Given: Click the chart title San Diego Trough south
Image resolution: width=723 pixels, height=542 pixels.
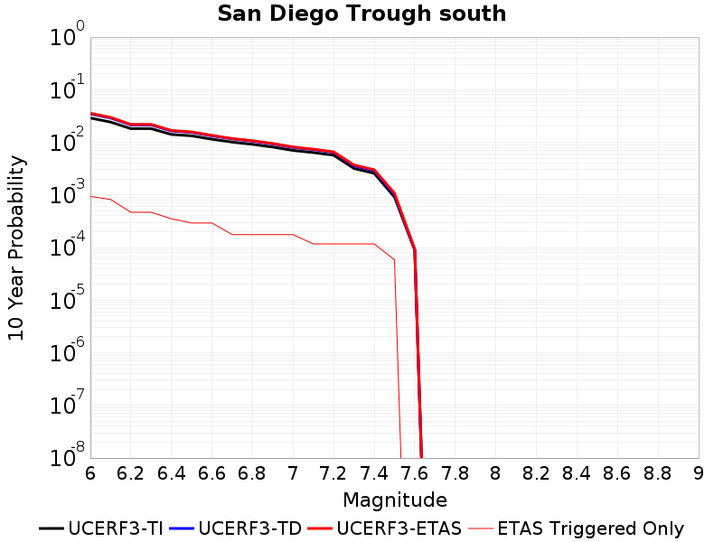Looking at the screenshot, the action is click(x=361, y=14).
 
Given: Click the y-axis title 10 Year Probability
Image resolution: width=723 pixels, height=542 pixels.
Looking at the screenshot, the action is click(x=16, y=248).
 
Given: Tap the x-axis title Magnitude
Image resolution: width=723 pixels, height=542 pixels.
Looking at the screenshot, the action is click(x=395, y=500).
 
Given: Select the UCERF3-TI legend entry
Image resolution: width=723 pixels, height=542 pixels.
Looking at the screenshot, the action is click(x=101, y=528).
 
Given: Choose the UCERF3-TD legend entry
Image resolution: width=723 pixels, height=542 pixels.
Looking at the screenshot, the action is click(x=236, y=528).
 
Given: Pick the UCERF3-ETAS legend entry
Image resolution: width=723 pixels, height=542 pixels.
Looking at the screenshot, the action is click(x=385, y=528).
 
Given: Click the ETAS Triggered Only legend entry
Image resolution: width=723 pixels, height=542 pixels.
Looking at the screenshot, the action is click(x=576, y=528).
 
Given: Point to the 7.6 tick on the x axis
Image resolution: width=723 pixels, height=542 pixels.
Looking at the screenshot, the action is click(x=415, y=473).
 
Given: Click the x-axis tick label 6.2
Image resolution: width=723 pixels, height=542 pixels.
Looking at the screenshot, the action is click(x=130, y=473).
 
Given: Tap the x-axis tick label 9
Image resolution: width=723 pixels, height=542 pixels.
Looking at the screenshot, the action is click(x=699, y=473).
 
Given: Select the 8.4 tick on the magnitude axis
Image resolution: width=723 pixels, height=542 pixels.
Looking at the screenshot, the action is click(x=577, y=473).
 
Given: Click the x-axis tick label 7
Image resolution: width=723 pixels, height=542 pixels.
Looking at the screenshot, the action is click(x=293, y=473).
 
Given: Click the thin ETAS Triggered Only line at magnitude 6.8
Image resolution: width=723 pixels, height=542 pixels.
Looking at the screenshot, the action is click(x=252, y=235).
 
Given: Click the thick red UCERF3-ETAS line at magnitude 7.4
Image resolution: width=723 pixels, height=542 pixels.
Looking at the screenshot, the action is click(x=374, y=170).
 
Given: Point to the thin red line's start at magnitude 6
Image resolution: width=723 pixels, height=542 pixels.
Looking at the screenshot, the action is click(x=91, y=196).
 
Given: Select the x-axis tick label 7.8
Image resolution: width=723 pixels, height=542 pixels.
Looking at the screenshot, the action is click(x=455, y=473).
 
